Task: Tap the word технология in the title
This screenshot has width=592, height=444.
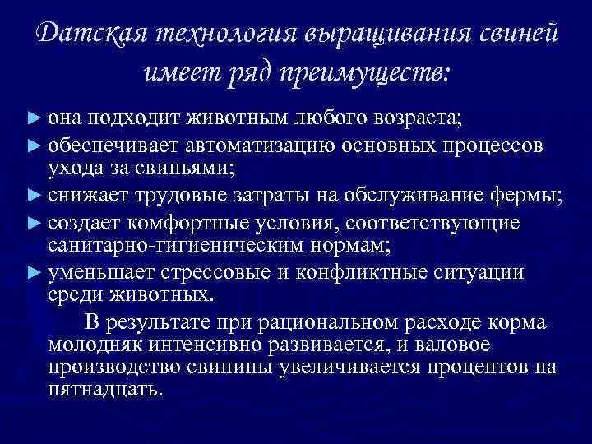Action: pos(216,35)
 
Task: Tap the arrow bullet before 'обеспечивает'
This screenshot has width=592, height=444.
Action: pos(33,146)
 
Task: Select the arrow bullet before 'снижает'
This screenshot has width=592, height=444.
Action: pos(33,195)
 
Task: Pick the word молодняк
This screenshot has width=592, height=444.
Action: pos(93,344)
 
